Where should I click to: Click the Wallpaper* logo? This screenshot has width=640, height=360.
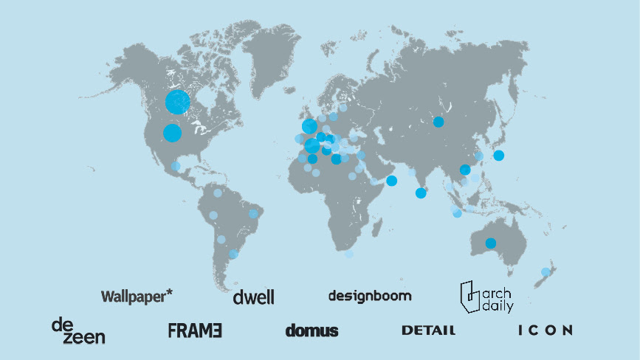click(x=137, y=296)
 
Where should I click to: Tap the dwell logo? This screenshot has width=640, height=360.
click(x=253, y=297)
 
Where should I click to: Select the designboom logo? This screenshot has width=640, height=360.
click(x=370, y=296)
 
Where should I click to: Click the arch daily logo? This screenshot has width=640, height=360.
click(x=486, y=297)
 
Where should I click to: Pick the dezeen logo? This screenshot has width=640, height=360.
click(x=78, y=331)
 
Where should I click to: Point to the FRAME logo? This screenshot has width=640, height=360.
click(x=195, y=330)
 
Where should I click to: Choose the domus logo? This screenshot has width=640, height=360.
click(x=312, y=330)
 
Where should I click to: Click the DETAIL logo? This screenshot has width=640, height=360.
click(x=428, y=330)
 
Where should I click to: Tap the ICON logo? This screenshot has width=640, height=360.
click(x=545, y=330)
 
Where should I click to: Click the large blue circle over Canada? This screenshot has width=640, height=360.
click(x=178, y=102)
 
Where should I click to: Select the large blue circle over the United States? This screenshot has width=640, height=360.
click(x=172, y=133)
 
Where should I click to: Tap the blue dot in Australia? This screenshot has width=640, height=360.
click(x=490, y=243)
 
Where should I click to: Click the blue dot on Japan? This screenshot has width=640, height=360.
click(x=499, y=155)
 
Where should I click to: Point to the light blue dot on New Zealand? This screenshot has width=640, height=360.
click(x=546, y=272)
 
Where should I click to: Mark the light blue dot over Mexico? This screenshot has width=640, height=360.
click(x=176, y=166)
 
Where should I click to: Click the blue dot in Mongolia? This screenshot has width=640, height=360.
click(x=438, y=122)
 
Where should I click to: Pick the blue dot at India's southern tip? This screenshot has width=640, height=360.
click(x=421, y=193)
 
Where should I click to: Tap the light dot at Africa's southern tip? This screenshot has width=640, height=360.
click(x=349, y=254)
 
